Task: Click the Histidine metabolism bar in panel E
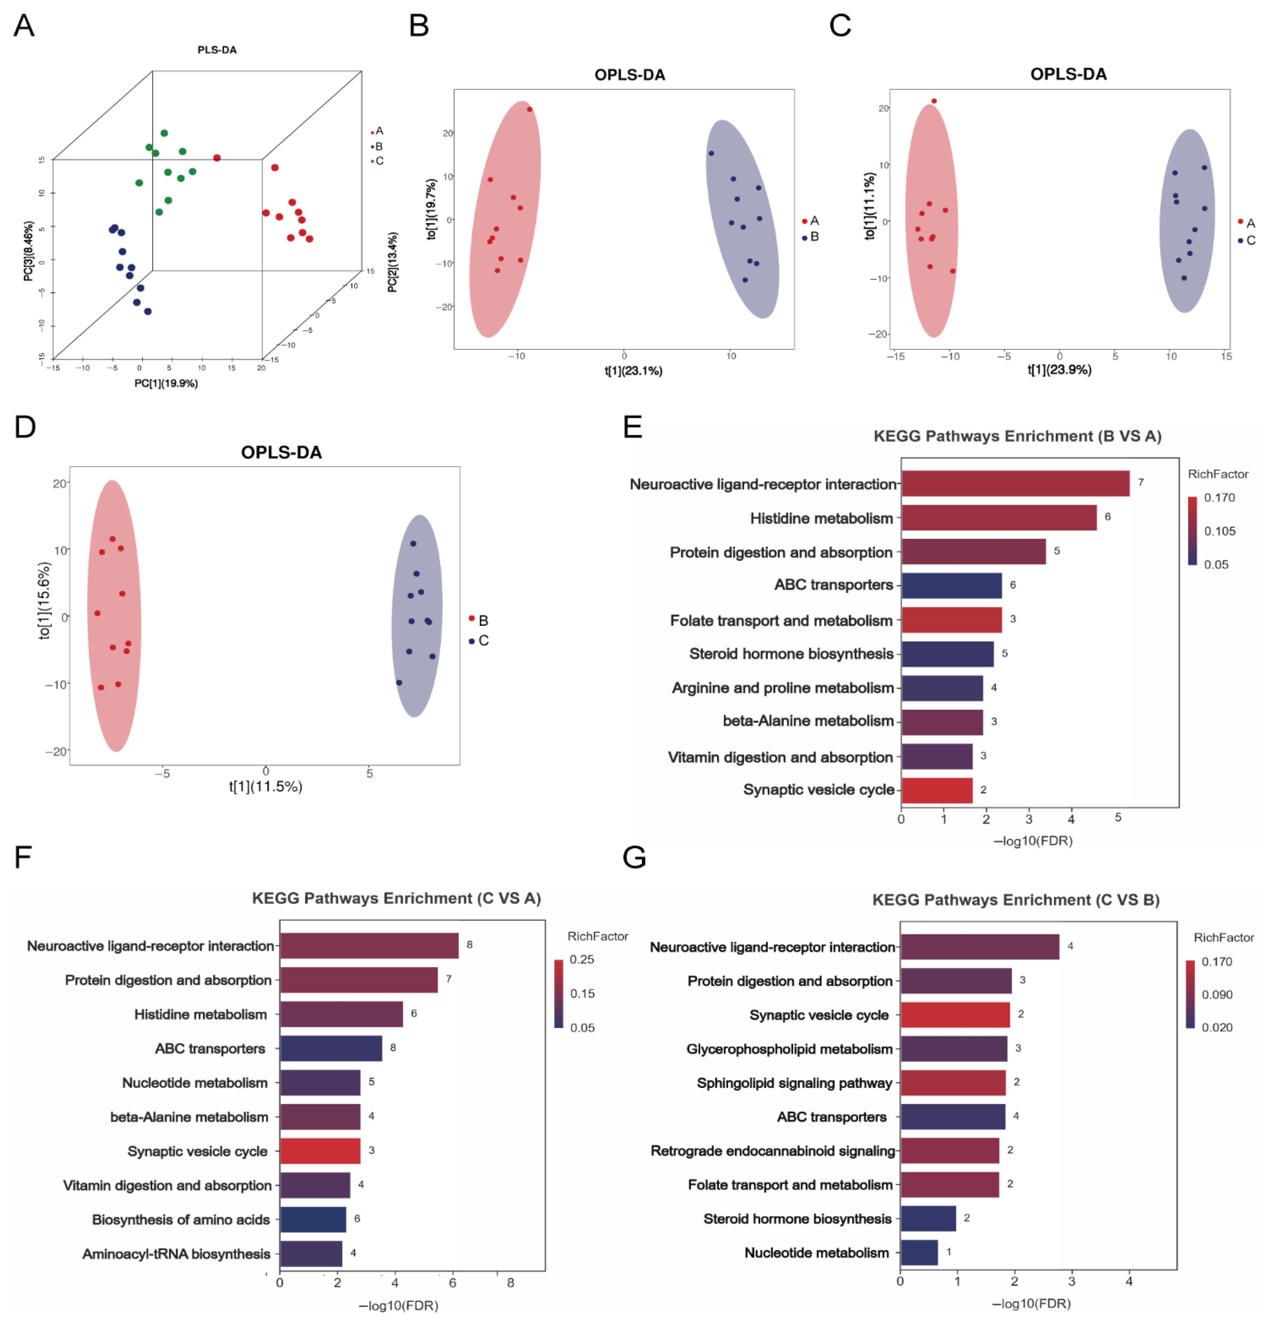coord(998,518)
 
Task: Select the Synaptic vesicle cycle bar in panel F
coord(320,1151)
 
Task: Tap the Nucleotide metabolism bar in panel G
coord(919,1252)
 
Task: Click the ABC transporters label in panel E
coord(834,584)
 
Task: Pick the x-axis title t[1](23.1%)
coord(633,371)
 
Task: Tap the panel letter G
coord(634,857)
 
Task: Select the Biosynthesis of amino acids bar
coord(313,1219)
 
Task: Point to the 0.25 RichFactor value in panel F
coord(582,959)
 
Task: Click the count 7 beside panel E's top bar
coord(1141,482)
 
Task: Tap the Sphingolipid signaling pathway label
coord(794,1082)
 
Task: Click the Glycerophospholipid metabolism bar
coord(953,1049)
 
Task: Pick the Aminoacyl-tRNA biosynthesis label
coord(176,1254)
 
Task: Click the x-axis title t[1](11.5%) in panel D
coord(265,786)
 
